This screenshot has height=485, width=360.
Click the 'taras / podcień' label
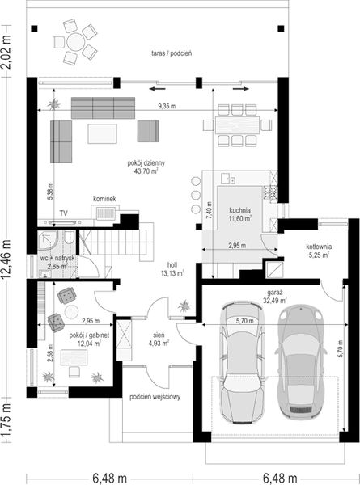coord(172,53)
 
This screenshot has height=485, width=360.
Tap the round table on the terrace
coord(75,41)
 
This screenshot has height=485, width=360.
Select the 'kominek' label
coord(104,199)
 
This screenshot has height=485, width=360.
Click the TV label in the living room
coord(64,213)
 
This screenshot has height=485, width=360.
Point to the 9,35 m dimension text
coord(167,106)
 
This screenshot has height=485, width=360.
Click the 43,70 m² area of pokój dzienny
coord(146,171)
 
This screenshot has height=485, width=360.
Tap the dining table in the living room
coord(237,125)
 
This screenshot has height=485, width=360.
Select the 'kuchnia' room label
coord(240,210)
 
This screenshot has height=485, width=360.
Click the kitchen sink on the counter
coord(228,179)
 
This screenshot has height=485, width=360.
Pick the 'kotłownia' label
coord(319,247)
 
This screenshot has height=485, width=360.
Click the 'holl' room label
coord(172,265)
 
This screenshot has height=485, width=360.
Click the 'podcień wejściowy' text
coord(155,397)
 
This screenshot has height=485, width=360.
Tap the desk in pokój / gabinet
coord(74,357)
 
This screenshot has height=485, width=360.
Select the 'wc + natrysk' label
coord(57,259)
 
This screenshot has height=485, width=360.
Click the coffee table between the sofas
coord(102,133)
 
